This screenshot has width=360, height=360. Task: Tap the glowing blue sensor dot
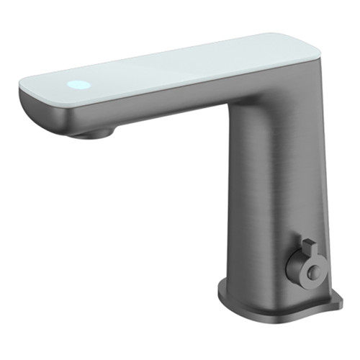(x=80, y=85)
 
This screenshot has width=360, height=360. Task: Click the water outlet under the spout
(x=94, y=134)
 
